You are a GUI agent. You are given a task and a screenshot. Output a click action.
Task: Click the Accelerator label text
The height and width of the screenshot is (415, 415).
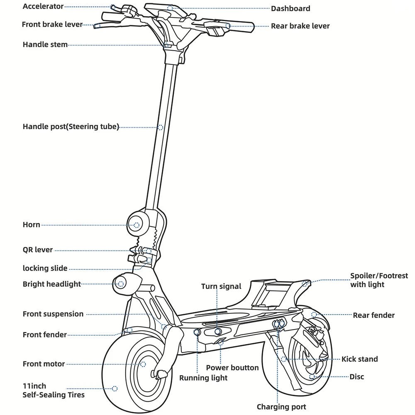[x=43, y=6]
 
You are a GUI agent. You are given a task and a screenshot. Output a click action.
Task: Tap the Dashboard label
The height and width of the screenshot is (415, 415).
[x=290, y=8]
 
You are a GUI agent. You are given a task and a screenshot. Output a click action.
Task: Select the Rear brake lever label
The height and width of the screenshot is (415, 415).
[x=300, y=26]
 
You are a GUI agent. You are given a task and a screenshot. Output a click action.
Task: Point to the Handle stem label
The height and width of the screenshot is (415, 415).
[x=45, y=44]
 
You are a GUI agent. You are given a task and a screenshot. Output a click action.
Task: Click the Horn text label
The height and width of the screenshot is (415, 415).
[x=32, y=225]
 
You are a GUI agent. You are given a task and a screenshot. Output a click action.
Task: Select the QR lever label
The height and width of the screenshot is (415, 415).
[x=38, y=250]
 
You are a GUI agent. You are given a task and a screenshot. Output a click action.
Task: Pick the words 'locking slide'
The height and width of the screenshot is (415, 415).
[x=45, y=268]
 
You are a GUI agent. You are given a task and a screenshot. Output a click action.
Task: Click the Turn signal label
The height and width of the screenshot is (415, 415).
[x=221, y=286]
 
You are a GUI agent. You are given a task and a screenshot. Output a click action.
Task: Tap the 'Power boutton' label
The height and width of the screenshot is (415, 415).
[x=232, y=368]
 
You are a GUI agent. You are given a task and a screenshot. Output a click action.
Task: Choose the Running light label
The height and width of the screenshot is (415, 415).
[x=203, y=378]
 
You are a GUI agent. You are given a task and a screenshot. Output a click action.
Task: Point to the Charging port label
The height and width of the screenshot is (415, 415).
[x=281, y=407]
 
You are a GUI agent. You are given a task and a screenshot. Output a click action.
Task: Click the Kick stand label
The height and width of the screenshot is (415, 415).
[x=359, y=359]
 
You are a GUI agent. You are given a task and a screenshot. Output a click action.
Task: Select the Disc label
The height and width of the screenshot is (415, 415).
[x=356, y=376]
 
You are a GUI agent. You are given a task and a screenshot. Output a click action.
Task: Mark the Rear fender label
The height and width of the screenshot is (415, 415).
[x=373, y=315]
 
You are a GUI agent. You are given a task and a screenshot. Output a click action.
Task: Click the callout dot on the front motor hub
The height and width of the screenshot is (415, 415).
[x=144, y=364]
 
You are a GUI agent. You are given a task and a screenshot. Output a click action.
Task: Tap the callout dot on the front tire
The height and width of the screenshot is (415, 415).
[x=115, y=389]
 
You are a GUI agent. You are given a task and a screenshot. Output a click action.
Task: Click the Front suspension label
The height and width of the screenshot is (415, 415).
[x=53, y=314]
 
